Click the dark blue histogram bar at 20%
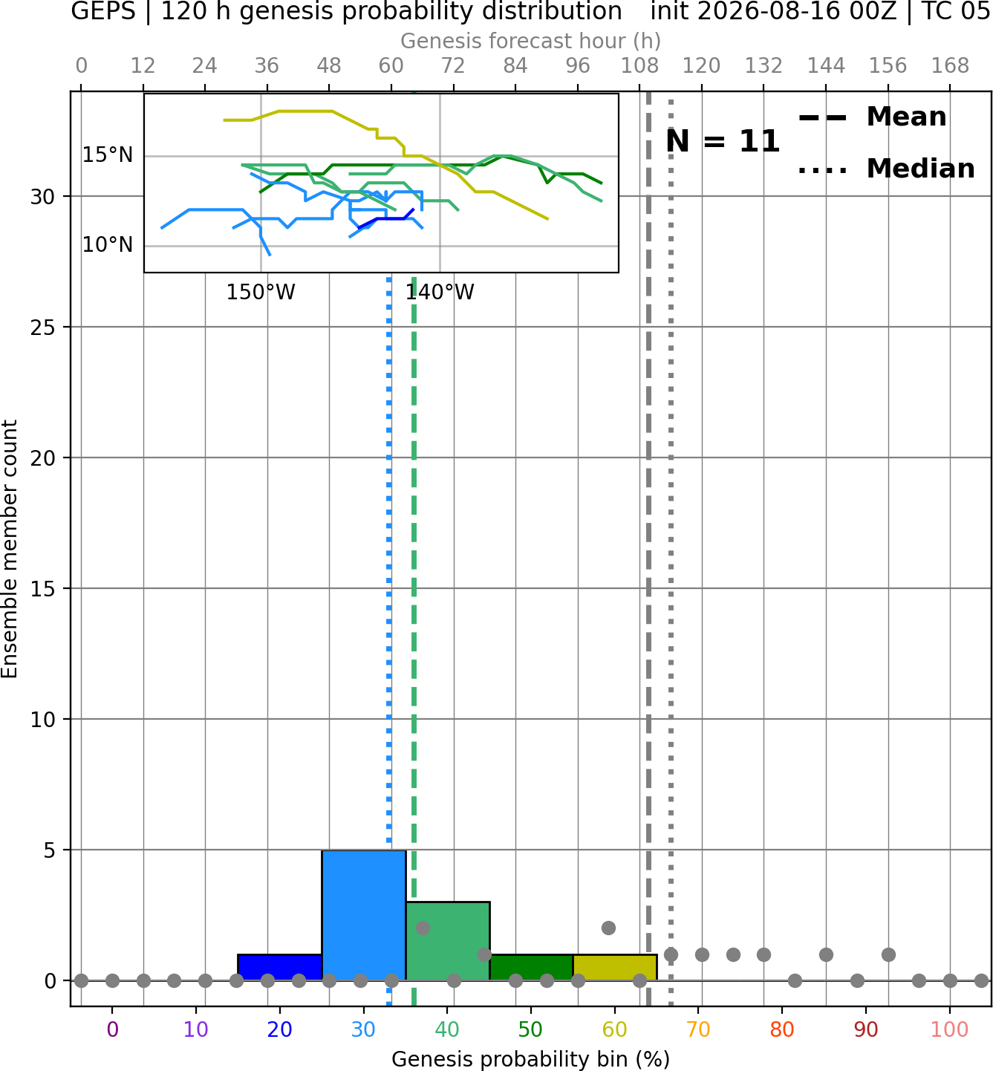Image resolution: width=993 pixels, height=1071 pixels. click(280, 968)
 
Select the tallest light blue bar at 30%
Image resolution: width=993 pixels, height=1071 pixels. click(363, 915)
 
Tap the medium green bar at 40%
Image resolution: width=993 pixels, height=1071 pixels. click(448, 941)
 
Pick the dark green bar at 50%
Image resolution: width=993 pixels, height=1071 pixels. click(531, 968)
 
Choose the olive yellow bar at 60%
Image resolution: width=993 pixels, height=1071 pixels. click(615, 968)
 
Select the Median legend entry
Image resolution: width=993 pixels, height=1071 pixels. click(887, 169)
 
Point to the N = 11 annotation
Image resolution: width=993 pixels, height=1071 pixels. click(723, 141)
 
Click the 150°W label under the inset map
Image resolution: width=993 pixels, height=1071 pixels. click(261, 293)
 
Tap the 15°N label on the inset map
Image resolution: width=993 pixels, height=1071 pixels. click(108, 155)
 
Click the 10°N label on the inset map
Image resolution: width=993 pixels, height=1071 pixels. click(108, 245)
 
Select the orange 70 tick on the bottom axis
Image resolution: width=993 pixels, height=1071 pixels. click(698, 1029)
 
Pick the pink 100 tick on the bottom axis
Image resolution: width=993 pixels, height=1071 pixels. click(950, 1029)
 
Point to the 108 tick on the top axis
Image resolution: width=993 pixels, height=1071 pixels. click(639, 66)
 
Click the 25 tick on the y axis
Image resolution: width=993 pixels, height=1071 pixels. click(43, 328)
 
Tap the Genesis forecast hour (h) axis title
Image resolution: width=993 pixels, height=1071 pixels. click(531, 41)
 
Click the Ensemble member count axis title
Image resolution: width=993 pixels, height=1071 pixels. click(10, 549)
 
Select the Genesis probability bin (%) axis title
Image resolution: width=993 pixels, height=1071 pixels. click(531, 1059)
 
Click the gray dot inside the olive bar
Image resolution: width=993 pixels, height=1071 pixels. click(608, 928)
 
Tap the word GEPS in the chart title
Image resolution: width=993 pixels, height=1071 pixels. click(103, 11)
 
